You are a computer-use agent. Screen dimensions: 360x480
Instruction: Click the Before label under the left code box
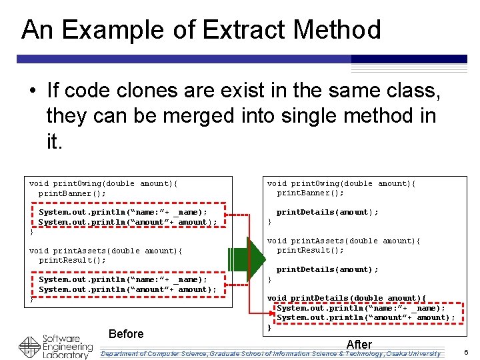[x=125, y=334]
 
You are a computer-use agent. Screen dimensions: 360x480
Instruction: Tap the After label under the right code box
[x=359, y=344]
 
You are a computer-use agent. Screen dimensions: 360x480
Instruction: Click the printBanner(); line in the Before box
[x=72, y=193]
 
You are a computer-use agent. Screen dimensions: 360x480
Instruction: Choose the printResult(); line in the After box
[x=310, y=251]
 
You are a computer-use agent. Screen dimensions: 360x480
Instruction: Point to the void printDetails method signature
[x=346, y=298]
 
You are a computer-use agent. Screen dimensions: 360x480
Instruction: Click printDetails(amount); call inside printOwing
[x=327, y=212]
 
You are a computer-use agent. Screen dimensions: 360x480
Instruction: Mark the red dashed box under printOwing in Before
[x=127, y=217]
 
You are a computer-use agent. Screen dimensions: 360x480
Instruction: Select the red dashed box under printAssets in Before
[x=127, y=285]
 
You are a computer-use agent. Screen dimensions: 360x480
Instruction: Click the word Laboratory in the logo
[x=67, y=355]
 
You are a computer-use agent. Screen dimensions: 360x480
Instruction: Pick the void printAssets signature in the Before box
[x=105, y=251]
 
